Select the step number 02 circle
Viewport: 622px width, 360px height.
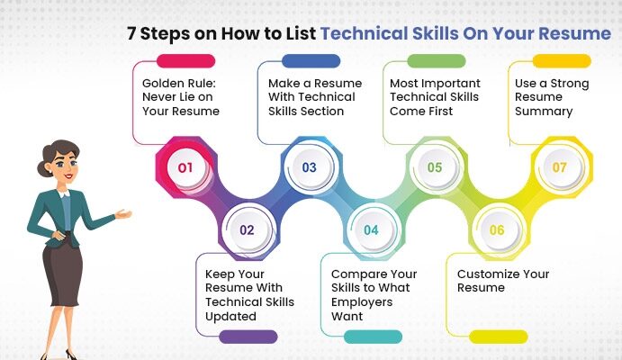247,229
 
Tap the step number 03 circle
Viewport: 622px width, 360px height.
309,167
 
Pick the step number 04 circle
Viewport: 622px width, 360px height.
371,229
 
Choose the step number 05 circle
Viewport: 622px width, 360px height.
434,167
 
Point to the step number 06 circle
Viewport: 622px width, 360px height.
497,229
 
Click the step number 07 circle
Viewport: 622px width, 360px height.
559,167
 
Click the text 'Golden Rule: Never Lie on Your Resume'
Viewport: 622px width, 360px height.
181,97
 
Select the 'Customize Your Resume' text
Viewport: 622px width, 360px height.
502,281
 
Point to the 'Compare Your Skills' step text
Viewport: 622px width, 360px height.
374,294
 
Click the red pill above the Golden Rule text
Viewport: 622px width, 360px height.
185,61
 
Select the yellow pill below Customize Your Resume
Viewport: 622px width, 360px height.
499,337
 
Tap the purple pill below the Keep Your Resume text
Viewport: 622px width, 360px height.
248,337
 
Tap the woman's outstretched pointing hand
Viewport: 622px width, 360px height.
123,214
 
